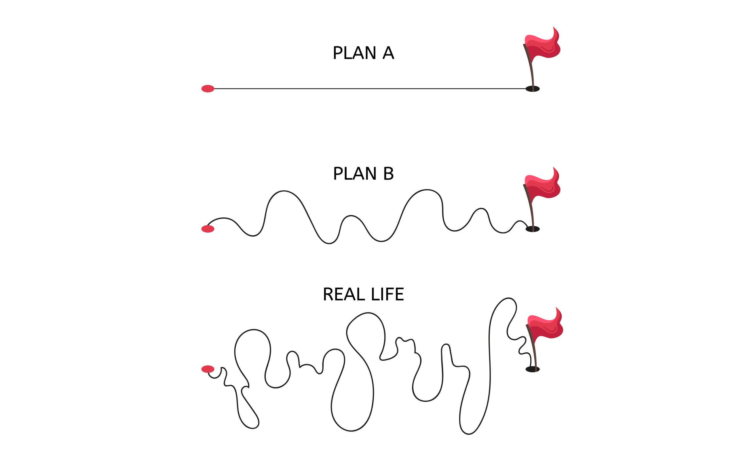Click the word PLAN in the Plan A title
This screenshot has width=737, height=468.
click(x=354, y=53)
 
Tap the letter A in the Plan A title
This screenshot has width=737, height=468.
click(x=388, y=53)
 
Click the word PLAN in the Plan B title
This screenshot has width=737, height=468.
click(x=354, y=174)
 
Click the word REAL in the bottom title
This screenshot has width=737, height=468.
click(x=343, y=294)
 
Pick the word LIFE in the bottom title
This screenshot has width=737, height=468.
click(x=387, y=294)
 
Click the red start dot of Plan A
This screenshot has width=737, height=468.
click(x=208, y=89)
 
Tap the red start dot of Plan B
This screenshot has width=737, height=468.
click(x=208, y=229)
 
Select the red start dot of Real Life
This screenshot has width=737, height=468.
click(x=208, y=369)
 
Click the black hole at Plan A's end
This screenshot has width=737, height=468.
click(x=532, y=89)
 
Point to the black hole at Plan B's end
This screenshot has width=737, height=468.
click(x=532, y=229)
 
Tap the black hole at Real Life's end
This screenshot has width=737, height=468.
click(x=532, y=370)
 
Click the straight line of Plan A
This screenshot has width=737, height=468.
click(x=367, y=89)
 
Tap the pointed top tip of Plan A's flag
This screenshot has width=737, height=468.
click(x=553, y=27)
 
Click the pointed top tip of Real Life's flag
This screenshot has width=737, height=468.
click(x=556, y=308)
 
